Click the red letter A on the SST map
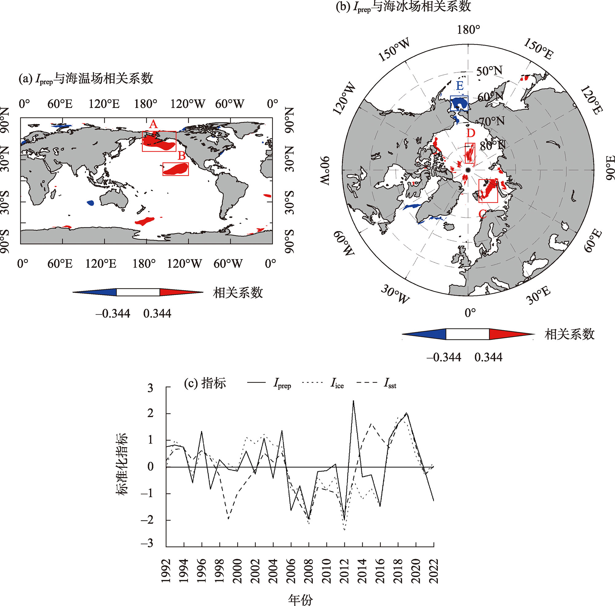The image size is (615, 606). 153,124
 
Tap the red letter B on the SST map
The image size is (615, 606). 181,156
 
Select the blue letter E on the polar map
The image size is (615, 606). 459,86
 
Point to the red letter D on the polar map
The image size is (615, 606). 470,133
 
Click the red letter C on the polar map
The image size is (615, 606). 482,214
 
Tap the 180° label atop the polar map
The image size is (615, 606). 468,30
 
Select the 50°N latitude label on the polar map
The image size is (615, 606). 489,71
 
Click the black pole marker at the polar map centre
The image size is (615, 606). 467,170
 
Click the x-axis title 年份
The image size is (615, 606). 300,599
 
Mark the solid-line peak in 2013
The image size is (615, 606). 353,401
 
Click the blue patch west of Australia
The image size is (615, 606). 90,202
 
